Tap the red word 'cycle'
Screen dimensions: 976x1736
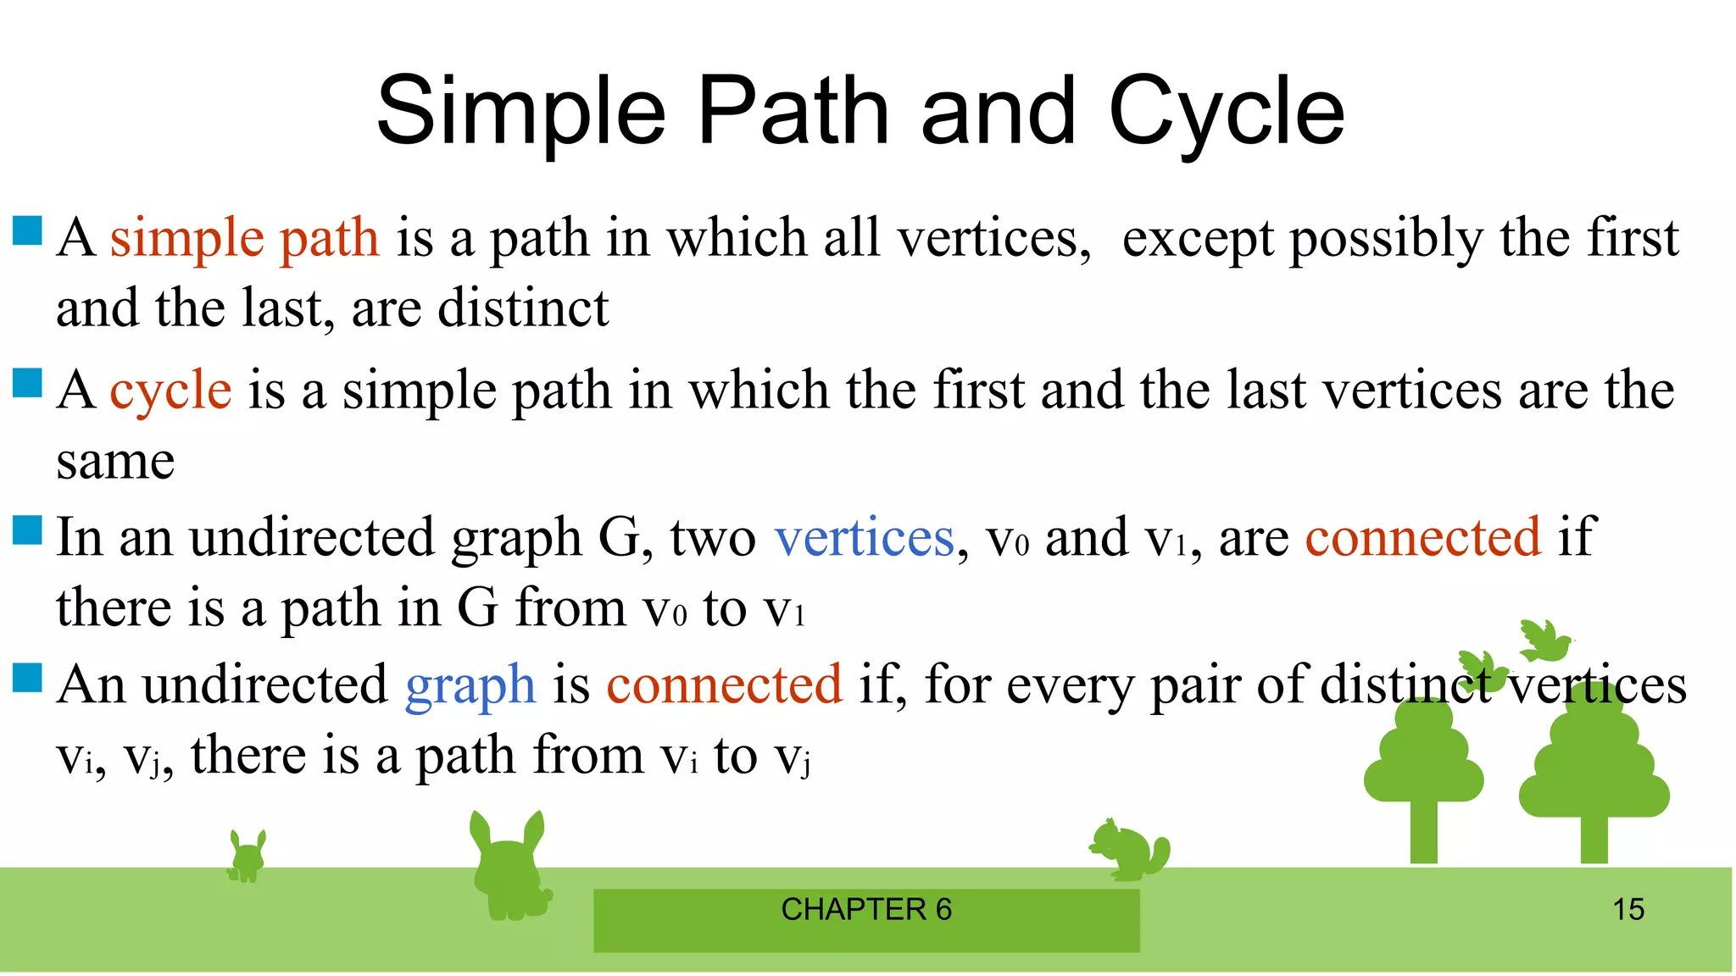[x=170, y=391]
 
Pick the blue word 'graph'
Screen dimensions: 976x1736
[x=470, y=685]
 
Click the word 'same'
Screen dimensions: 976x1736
[x=115, y=462]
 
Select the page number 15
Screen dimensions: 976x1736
[x=1627, y=910]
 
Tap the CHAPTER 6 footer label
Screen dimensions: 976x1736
[x=866, y=910]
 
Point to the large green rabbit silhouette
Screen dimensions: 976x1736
[x=509, y=868]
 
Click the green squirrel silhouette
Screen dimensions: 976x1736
[x=1129, y=850]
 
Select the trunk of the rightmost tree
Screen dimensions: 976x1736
[x=1594, y=839]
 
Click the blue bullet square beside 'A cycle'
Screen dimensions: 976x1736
[x=28, y=383]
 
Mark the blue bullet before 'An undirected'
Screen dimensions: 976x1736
[x=28, y=678]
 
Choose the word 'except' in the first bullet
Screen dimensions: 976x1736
[x=1197, y=239]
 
